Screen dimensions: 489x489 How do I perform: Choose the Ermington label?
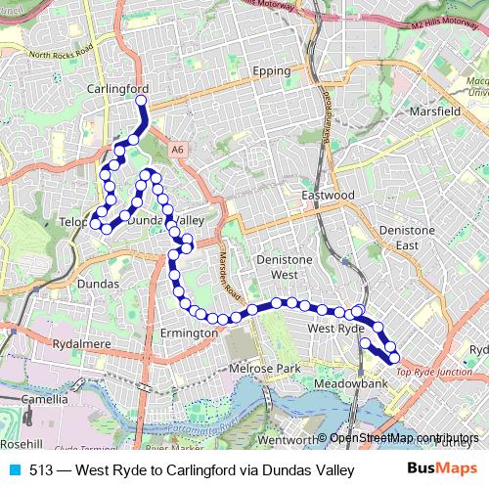(188, 333)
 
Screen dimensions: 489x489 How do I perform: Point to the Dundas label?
(96, 284)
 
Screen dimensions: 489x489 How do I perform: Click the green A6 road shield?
(175, 150)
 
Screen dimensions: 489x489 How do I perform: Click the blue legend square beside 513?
(12, 469)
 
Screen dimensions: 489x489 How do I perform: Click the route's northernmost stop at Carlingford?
(141, 100)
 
